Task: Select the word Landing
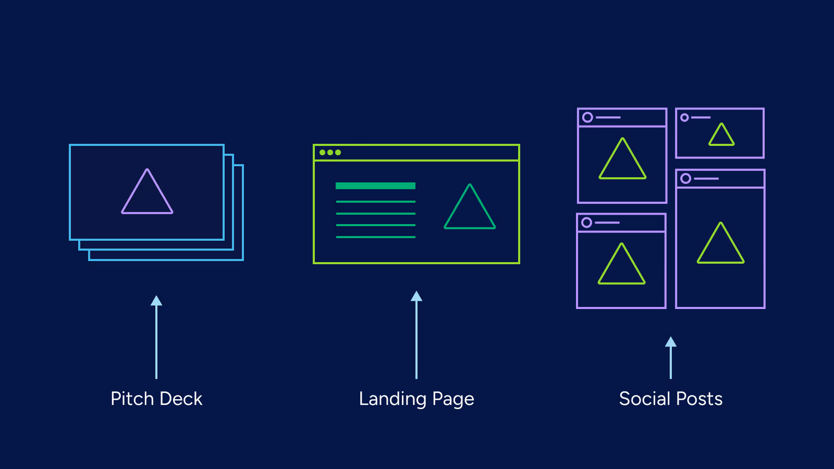[393, 399]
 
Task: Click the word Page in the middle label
[453, 399]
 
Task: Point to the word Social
[644, 399]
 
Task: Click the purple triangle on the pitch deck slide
[147, 194]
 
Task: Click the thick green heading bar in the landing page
[375, 186]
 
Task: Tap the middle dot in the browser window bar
[330, 153]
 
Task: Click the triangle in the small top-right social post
[721, 136]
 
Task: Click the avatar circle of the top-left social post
[587, 117]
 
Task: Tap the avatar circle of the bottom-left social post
[586, 223]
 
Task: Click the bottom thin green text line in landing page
[375, 237]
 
